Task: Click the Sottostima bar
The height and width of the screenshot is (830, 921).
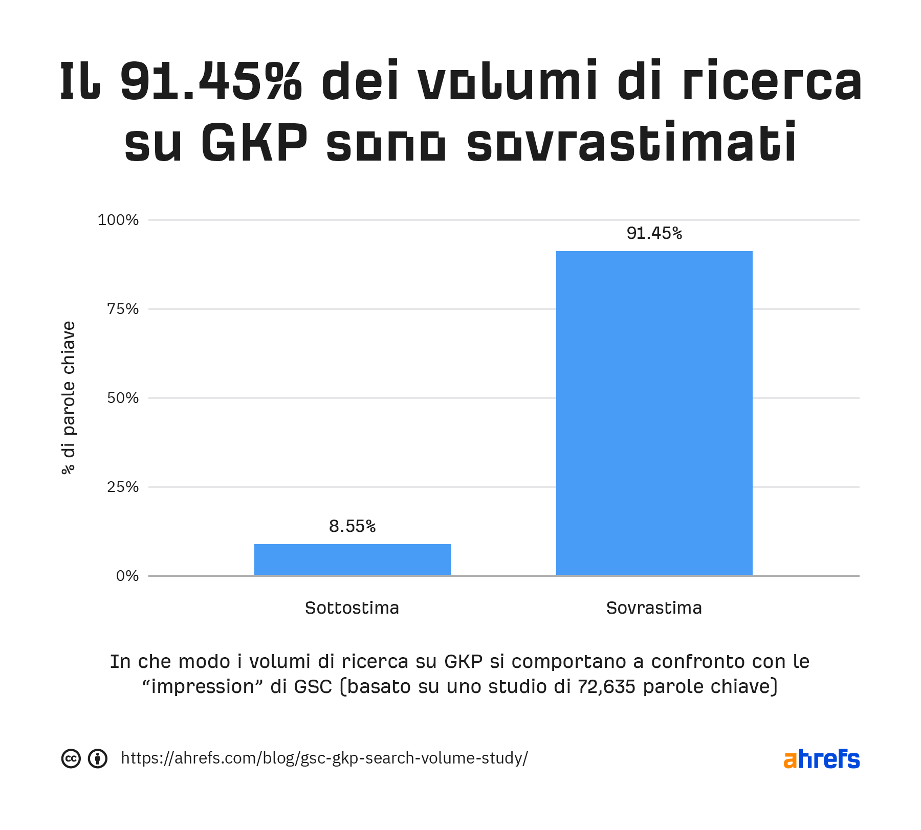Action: click(x=352, y=559)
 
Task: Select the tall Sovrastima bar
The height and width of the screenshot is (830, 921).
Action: click(x=654, y=413)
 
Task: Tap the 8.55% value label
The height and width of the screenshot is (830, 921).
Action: click(x=352, y=526)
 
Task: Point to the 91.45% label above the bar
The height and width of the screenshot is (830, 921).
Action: click(x=654, y=233)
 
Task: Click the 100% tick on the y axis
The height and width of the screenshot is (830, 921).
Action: click(x=118, y=220)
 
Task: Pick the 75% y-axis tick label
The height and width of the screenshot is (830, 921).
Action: click(x=123, y=309)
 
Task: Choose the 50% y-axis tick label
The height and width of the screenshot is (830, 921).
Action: click(x=123, y=398)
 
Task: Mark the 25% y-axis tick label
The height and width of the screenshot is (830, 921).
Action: click(x=123, y=487)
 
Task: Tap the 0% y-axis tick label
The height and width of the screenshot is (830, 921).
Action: click(x=127, y=576)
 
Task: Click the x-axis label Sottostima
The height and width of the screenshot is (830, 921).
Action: click(x=352, y=608)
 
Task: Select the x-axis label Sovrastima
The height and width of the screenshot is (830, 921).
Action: click(x=654, y=608)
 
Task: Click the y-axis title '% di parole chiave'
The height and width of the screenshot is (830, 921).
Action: click(x=69, y=398)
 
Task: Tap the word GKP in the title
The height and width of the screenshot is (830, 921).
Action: click(x=254, y=143)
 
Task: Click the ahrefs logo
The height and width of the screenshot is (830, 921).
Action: click(x=821, y=759)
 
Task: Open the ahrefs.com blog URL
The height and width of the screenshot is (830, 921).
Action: click(x=324, y=758)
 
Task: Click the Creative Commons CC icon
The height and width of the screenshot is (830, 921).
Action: click(x=71, y=758)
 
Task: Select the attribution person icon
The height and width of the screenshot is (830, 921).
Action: click(x=98, y=758)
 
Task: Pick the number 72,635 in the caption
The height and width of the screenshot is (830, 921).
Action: click(x=606, y=687)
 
